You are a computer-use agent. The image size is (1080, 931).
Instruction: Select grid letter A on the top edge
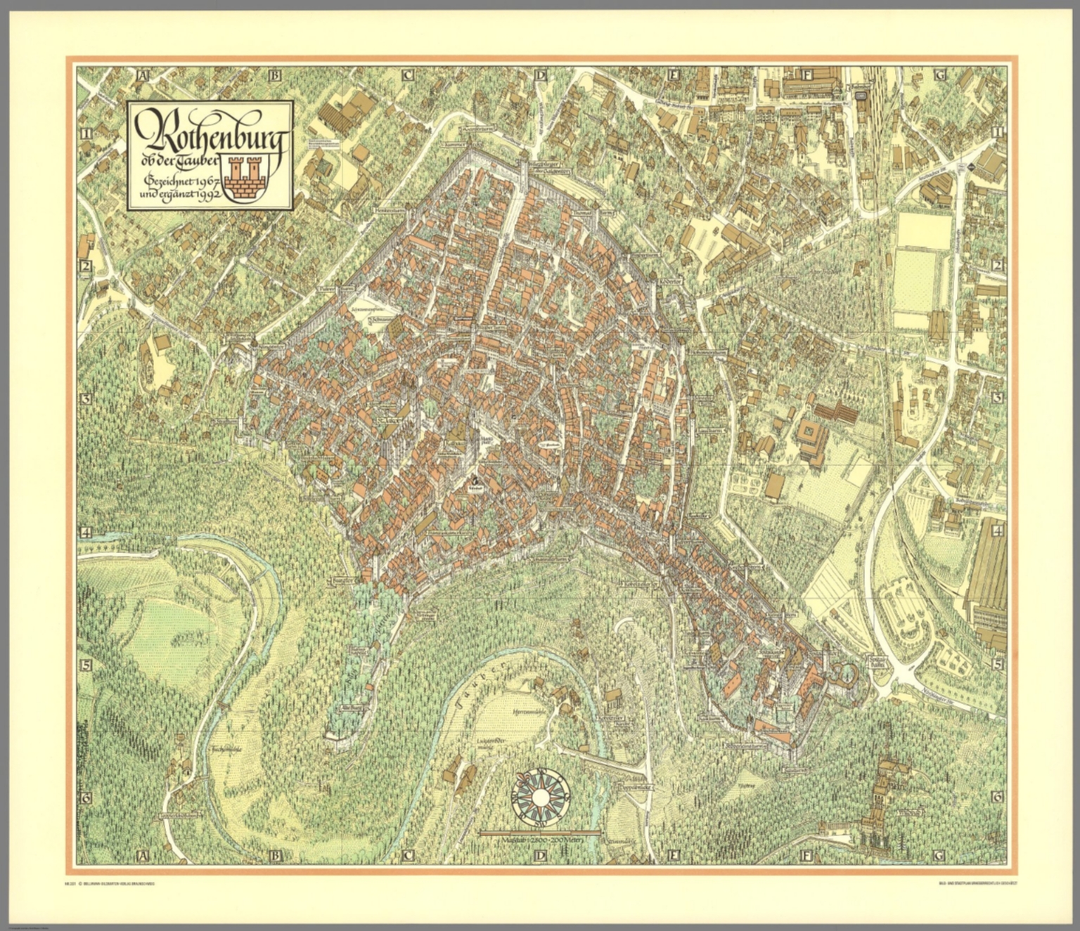tap(144, 75)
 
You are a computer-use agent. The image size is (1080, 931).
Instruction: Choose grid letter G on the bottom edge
tap(938, 855)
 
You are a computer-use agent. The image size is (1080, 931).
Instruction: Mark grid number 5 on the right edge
tap(996, 665)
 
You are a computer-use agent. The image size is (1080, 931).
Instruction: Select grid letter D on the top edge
tap(540, 75)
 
